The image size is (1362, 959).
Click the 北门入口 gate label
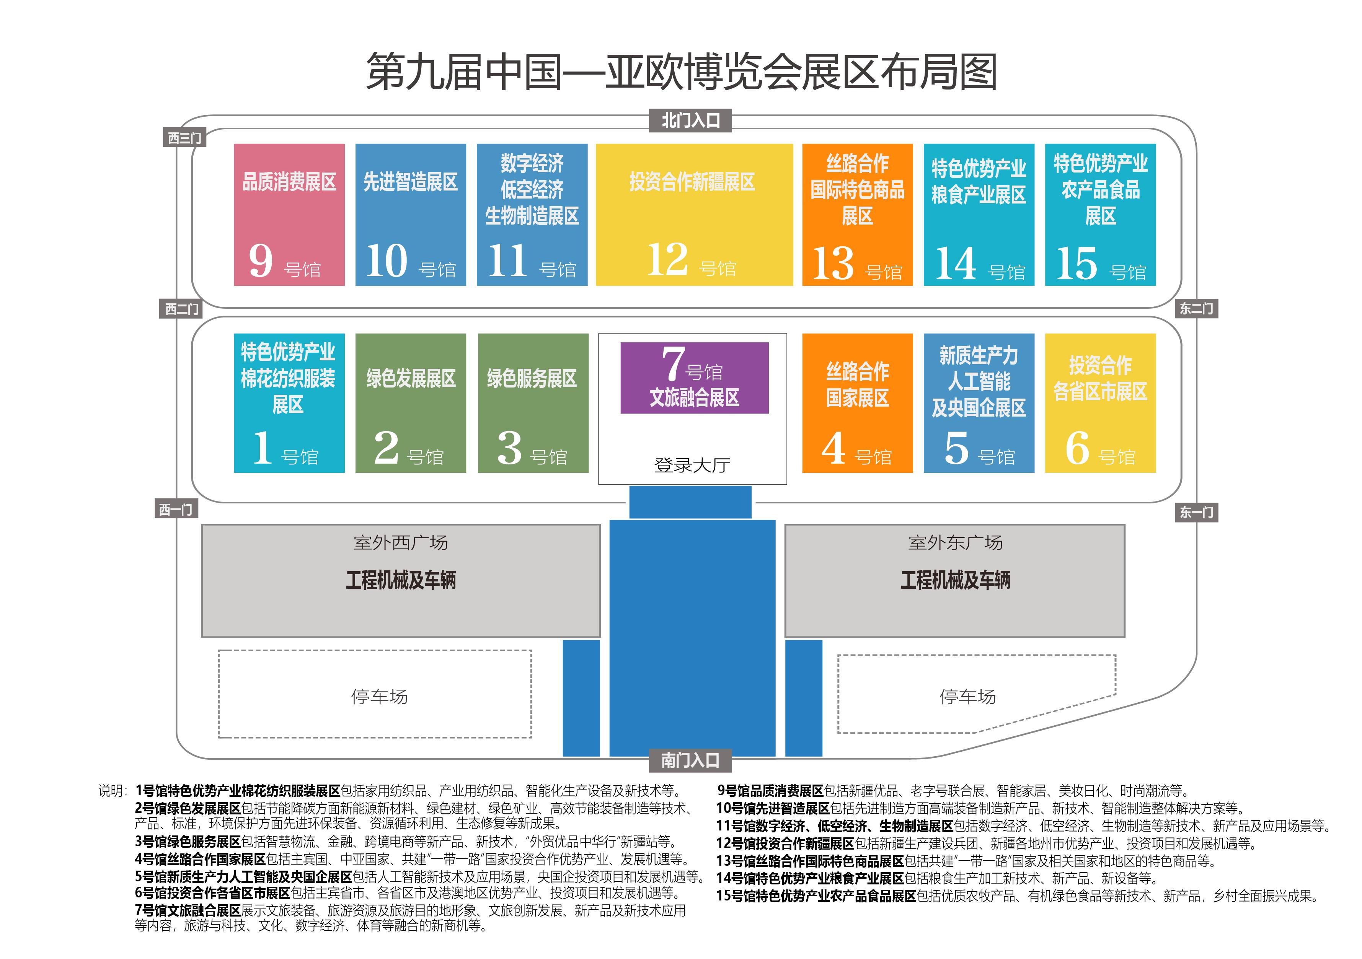[x=690, y=120]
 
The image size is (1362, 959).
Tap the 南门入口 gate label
[x=690, y=760]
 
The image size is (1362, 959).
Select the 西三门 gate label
[x=184, y=138]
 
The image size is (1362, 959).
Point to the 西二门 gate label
[x=181, y=309]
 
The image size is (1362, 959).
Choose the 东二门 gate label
[x=1197, y=308]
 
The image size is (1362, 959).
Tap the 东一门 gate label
[x=1197, y=513]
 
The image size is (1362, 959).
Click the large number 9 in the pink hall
[x=261, y=261]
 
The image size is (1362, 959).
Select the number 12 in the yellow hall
[x=668, y=259]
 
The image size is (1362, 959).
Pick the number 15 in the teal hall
[x=1077, y=263]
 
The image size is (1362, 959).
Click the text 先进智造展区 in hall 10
[x=411, y=182]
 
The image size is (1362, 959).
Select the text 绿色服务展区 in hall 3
[x=532, y=378]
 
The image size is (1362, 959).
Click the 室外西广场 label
[x=400, y=542]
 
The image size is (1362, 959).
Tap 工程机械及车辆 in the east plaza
[x=955, y=580]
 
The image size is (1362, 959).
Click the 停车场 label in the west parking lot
[x=380, y=696]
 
